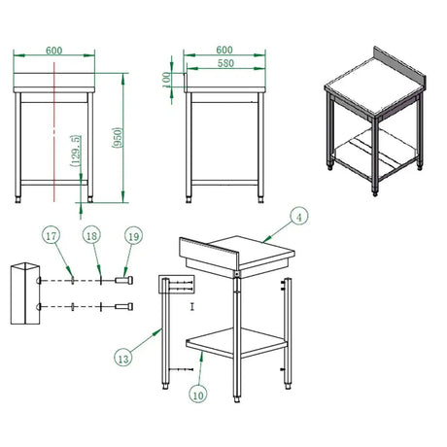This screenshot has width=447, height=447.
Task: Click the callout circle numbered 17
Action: (52, 235)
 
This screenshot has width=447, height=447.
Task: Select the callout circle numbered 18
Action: (91, 235)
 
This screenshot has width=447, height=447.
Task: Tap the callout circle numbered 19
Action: (133, 236)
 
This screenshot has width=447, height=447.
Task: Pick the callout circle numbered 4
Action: (299, 217)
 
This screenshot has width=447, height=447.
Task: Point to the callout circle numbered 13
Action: (123, 359)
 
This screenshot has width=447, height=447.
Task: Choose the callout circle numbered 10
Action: (198, 395)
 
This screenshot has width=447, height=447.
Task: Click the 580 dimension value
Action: (225, 63)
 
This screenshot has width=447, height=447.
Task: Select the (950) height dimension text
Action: (117, 138)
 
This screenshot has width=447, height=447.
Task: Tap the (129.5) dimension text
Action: (75, 151)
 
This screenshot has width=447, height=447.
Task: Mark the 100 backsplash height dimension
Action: (166, 80)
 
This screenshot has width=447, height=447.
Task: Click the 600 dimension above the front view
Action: (53, 51)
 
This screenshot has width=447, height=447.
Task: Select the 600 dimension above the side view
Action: (224, 50)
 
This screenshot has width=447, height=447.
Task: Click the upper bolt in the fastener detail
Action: (123, 280)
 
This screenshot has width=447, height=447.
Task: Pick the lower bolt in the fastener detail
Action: (123, 306)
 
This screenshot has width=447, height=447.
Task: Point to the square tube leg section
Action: (25, 293)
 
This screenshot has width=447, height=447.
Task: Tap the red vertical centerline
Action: (54, 132)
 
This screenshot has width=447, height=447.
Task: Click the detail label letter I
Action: (192, 306)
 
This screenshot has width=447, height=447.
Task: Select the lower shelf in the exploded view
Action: (237, 343)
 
